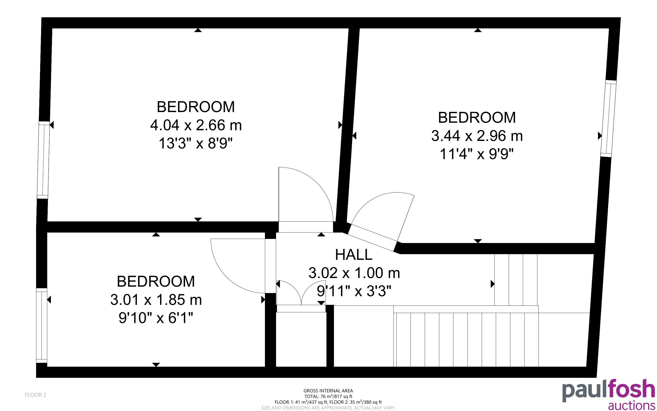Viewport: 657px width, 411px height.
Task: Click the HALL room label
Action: pyautogui.click(x=354, y=255)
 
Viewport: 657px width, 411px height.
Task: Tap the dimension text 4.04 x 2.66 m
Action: pyautogui.click(x=196, y=125)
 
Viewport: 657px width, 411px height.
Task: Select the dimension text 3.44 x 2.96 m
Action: pyautogui.click(x=477, y=136)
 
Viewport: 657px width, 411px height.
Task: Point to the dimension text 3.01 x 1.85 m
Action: pyautogui.click(x=156, y=300)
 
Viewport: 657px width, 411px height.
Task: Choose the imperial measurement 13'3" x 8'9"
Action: pyautogui.click(x=196, y=143)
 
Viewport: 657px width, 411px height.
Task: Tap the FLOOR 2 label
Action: pyautogui.click(x=36, y=395)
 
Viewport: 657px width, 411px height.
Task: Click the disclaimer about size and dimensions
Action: pyautogui.click(x=328, y=408)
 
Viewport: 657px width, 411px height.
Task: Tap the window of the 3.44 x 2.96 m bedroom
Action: pyautogui.click(x=608, y=118)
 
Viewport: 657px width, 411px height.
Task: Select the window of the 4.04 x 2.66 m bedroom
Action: pyautogui.click(x=44, y=160)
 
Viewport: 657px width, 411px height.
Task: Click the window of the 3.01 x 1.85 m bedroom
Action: pyautogui.click(x=42, y=325)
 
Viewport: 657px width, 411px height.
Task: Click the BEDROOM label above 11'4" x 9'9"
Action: pyautogui.click(x=477, y=118)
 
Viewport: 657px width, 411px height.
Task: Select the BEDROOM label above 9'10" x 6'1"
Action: pyautogui.click(x=156, y=282)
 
